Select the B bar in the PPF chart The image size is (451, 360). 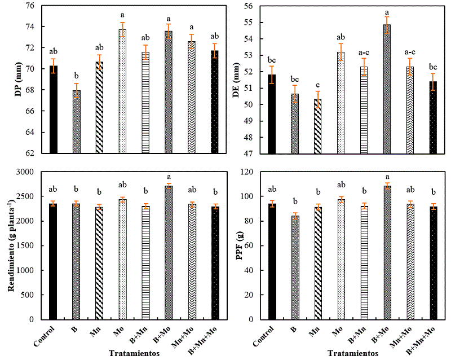pyautogui.click(x=294, y=267)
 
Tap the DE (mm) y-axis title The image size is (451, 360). pyautogui.click(x=228, y=78)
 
